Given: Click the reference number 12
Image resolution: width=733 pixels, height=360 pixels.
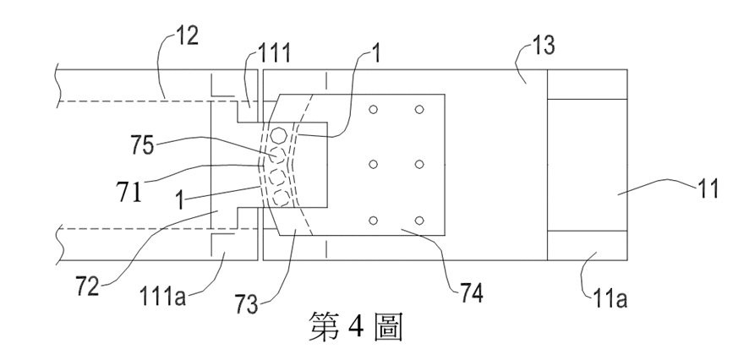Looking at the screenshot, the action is [187, 35].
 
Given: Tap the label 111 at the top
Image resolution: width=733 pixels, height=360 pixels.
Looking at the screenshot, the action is [275, 52].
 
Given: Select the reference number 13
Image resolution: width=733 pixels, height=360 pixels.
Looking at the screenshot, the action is [544, 46].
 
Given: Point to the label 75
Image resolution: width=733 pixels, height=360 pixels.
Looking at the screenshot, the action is [142, 145].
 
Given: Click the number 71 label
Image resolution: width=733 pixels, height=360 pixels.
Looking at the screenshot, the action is [129, 192].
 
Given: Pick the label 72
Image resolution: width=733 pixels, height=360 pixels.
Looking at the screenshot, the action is [87, 286].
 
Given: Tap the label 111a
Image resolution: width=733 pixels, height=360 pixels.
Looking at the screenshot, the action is [162, 297].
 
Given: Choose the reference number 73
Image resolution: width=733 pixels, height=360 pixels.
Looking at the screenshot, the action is [246, 304].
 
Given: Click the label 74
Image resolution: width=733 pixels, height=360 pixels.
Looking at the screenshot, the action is [471, 293].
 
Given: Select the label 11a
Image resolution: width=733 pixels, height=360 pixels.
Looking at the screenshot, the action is [610, 298].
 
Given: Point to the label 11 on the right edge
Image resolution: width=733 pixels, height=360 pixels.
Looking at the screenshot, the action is [708, 189].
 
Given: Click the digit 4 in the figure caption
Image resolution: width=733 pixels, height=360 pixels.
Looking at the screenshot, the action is [356, 327].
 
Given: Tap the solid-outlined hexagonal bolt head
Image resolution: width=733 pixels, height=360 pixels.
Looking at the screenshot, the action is [279, 135].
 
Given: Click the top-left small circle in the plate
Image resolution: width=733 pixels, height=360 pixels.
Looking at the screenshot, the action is [373, 109].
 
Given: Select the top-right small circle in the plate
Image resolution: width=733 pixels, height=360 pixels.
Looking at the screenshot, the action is [419, 109].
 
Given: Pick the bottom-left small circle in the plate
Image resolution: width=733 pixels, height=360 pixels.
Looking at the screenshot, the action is [373, 221].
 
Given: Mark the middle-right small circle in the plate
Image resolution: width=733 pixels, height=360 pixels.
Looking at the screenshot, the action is [419, 164].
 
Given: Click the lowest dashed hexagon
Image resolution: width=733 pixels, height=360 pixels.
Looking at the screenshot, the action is [281, 199].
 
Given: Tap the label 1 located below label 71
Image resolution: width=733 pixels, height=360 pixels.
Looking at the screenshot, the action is [181, 201].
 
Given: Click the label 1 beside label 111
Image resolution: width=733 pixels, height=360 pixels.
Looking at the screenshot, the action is [376, 53].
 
